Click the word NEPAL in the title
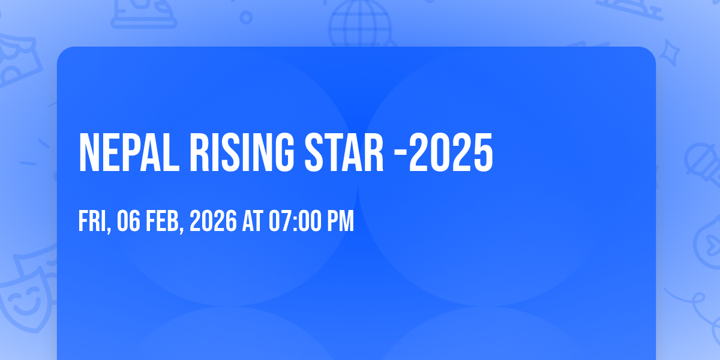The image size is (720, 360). coord(128,153)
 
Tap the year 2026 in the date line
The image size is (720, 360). coord(214,222)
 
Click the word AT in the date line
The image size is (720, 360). coord(253,222)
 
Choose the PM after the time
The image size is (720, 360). coord(341,222)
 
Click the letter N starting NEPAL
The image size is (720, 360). coord(89,153)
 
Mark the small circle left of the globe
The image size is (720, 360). coord(245,17)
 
